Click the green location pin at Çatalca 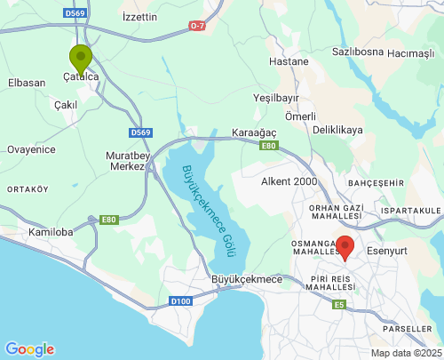pyautogui.click(x=81, y=59)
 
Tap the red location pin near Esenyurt pyautogui.click(x=344, y=246)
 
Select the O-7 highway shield pyautogui.click(x=196, y=27)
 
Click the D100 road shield pyautogui.click(x=181, y=301)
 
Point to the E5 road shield pyautogui.click(x=338, y=305)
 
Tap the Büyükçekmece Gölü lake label pyautogui.click(x=203, y=208)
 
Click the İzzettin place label pyautogui.click(x=139, y=17)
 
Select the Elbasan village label pyautogui.click(x=26, y=83)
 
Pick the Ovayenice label pyautogui.click(x=32, y=149)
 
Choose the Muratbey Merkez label pyautogui.click(x=125, y=161)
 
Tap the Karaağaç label pyautogui.click(x=255, y=132)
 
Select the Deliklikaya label pyautogui.click(x=338, y=130)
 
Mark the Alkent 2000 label pyautogui.click(x=289, y=181)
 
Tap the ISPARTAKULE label pyautogui.click(x=409, y=210)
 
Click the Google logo pyautogui.click(x=29, y=349)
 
